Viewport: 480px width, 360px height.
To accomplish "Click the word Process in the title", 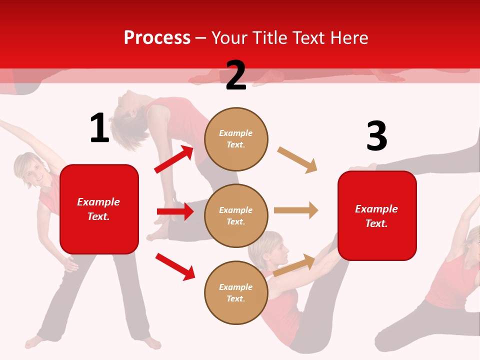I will pyautogui.click(x=157, y=38).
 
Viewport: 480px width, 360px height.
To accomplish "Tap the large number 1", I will pyautogui.click(x=99, y=128).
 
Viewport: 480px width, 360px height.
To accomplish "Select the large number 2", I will pyautogui.click(x=236, y=76).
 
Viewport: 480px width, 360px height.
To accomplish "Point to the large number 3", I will pyautogui.click(x=376, y=136).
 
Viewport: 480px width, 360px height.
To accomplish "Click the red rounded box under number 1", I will pyautogui.click(x=99, y=209).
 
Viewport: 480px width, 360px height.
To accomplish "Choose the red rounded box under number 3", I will pyautogui.click(x=377, y=215).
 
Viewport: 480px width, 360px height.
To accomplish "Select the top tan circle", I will pyautogui.click(x=236, y=138).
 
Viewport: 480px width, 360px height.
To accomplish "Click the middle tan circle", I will pyautogui.click(x=236, y=215).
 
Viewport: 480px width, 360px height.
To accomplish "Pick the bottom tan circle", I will pyautogui.click(x=236, y=292).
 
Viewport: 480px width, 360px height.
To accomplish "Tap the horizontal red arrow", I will pyautogui.click(x=175, y=211).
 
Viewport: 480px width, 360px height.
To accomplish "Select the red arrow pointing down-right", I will pyautogui.click(x=175, y=266).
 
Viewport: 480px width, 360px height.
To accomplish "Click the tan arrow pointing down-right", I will pyautogui.click(x=297, y=160).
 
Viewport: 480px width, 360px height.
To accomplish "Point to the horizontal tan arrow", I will pyautogui.click(x=296, y=210).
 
